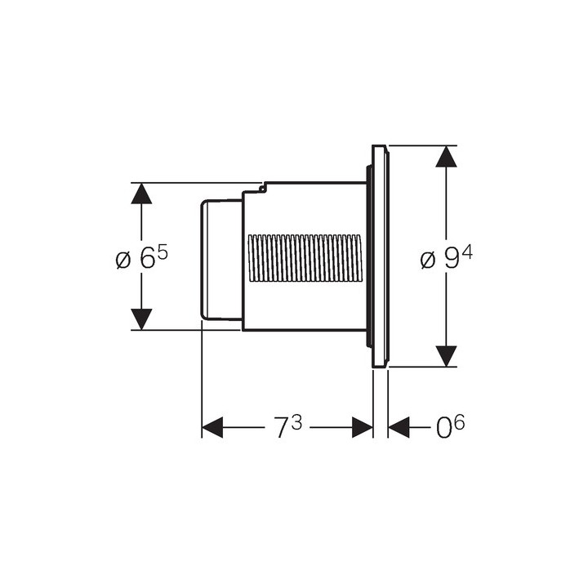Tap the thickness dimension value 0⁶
click(x=450, y=426)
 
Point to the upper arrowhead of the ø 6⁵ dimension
click(x=141, y=194)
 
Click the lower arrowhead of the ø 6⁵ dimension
click(x=141, y=319)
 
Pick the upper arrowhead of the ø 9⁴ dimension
click(x=446, y=156)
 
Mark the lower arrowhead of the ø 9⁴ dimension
click(x=446, y=356)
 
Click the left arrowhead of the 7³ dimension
click(x=212, y=427)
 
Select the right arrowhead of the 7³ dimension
click(x=363, y=427)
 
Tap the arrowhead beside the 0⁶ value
click(x=399, y=427)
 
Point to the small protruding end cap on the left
click(x=221, y=260)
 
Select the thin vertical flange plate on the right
click(x=381, y=256)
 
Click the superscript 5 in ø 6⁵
click(x=163, y=253)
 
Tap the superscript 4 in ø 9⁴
click(x=467, y=253)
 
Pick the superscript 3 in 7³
click(x=296, y=422)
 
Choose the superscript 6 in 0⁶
click(x=459, y=422)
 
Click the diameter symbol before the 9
click(x=428, y=260)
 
